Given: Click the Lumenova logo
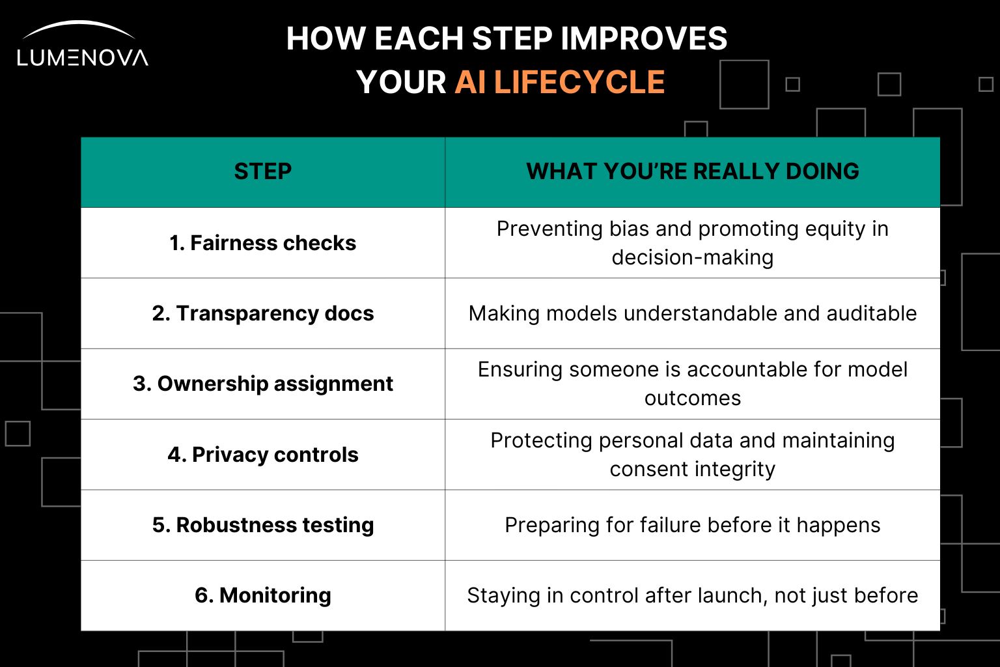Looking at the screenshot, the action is click(83, 44).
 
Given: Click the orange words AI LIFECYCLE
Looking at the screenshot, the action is click(560, 83).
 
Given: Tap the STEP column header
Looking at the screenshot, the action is click(263, 171).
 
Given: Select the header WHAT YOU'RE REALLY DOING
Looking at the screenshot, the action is click(693, 171).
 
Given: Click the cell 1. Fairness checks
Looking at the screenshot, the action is click(263, 243).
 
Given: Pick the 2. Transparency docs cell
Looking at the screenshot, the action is click(263, 313).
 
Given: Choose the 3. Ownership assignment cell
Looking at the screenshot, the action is click(263, 384).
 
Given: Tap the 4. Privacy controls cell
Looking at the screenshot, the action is click(263, 455).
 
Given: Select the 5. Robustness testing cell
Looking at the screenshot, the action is click(263, 525).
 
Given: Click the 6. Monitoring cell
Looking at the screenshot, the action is click(263, 595).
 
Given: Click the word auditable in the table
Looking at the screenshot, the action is click(872, 313).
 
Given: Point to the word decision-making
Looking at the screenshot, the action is click(693, 258).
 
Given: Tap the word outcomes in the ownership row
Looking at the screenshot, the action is click(693, 398).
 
